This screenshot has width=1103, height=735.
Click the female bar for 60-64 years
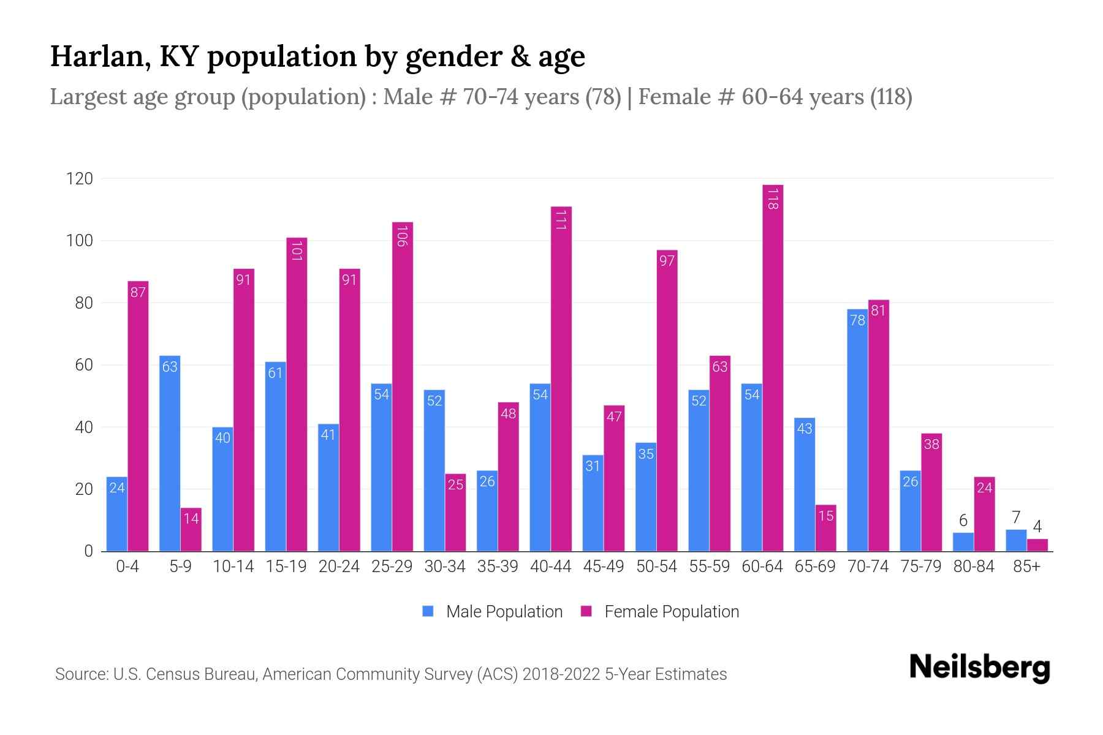(x=773, y=367)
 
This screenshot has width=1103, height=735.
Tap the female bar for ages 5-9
(x=191, y=529)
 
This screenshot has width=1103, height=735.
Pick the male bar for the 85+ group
(x=1016, y=540)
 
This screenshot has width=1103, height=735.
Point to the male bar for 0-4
(x=117, y=514)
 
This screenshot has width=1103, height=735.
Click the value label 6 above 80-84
(x=963, y=521)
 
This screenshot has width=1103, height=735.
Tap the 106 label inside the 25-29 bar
(x=402, y=236)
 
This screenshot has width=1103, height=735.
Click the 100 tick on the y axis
(x=79, y=241)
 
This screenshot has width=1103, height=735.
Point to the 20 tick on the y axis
(x=83, y=489)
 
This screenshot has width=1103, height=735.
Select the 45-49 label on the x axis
(x=604, y=567)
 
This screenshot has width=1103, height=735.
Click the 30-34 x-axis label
(x=445, y=567)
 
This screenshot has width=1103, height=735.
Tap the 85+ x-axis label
(x=1026, y=567)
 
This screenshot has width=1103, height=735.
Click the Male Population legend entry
(x=504, y=611)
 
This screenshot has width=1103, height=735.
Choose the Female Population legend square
(x=586, y=611)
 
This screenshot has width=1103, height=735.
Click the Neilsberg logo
(x=979, y=668)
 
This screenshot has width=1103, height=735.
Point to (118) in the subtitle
(x=891, y=97)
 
